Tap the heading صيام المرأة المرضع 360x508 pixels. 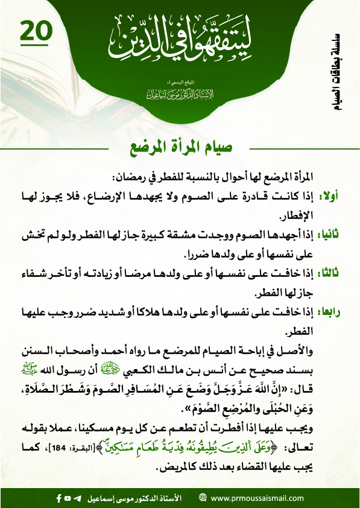tap(180, 147)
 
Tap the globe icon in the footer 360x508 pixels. tap(203, 498)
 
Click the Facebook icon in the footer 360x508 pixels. tap(58, 498)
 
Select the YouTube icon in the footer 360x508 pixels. tap(68, 498)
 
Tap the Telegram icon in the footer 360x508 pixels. tap(77, 498)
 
